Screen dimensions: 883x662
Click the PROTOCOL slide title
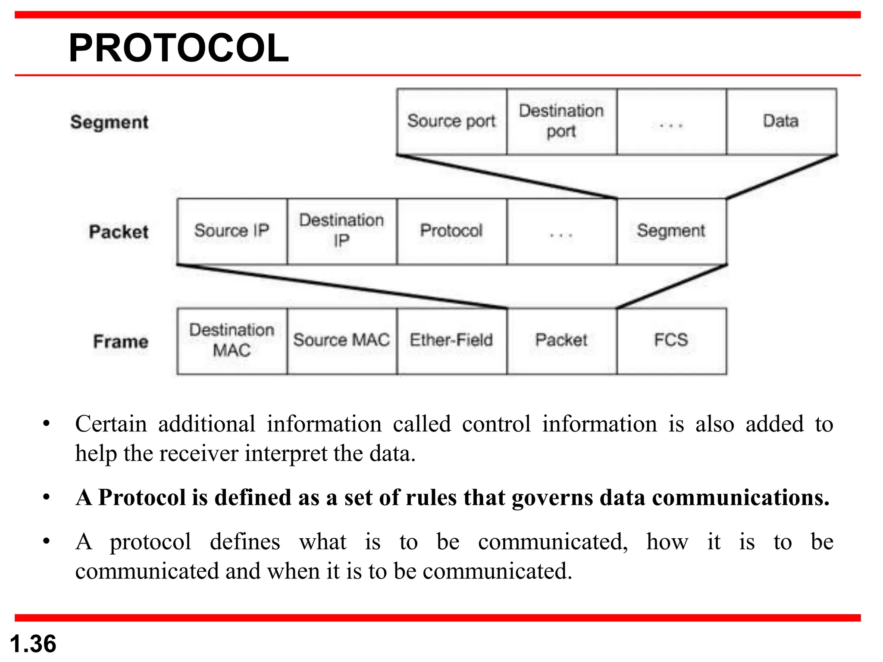[178, 48]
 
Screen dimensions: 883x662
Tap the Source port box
[451, 121]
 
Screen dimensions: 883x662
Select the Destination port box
[561, 121]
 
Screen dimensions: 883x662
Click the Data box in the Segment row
[781, 121]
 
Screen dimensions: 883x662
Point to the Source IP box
[232, 231]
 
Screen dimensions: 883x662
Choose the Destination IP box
[341, 231]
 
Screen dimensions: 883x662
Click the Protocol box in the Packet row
[451, 231]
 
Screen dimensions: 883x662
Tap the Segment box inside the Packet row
[671, 231]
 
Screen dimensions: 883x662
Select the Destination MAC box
[232, 340]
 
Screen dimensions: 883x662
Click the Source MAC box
[341, 340]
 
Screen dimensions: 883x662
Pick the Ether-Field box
[451, 340]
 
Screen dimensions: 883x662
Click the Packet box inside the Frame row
[561, 340]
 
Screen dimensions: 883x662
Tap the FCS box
[671, 340]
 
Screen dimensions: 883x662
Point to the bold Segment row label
[110, 122]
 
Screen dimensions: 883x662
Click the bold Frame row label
[121, 342]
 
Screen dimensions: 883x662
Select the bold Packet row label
[119, 232]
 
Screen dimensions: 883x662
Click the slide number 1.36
[33, 644]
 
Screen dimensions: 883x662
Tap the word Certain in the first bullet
[111, 424]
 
